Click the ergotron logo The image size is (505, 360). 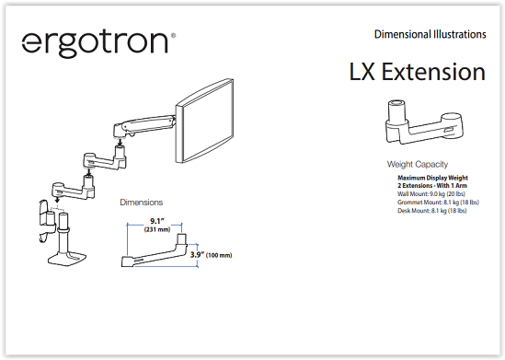98,43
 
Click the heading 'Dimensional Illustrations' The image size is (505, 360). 430,34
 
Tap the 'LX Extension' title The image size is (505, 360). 418,72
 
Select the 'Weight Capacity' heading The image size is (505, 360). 418,165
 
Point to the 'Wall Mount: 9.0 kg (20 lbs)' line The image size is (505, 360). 431,194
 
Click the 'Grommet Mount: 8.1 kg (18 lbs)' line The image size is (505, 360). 438,203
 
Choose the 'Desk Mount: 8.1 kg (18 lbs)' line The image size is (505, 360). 432,211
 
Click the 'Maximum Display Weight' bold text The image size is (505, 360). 432,178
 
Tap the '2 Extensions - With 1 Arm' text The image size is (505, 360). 432,186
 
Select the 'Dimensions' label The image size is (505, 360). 142,203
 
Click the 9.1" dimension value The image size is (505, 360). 157,221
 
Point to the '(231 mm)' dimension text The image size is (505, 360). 157,229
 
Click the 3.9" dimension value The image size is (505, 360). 197,255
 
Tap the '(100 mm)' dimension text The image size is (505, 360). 219,255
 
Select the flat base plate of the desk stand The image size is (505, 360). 67,259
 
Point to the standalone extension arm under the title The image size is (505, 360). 424,122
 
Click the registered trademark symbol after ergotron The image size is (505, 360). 173,35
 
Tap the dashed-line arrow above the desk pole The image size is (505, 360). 57,203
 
